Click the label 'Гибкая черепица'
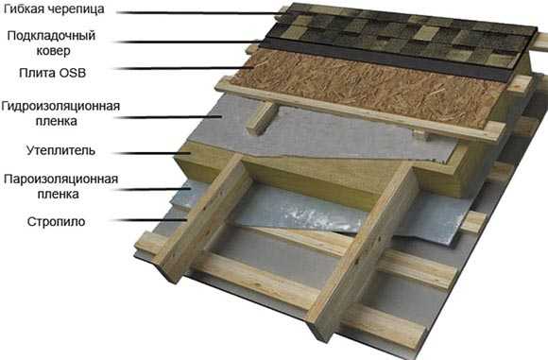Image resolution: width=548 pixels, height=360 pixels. pos(54,9)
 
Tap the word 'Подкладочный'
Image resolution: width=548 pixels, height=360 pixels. pos(51,36)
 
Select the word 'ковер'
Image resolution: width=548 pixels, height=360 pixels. pos(53,51)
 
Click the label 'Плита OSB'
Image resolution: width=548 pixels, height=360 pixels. pos(52,73)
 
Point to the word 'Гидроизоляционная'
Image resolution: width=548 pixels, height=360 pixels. pos(60,106)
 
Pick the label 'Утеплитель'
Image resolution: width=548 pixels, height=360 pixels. pos(60,150)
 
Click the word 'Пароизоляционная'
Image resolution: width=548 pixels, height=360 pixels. pos(60,179)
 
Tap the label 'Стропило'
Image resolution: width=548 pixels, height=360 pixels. pos(56,222)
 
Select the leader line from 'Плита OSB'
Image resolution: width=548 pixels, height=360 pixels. pos(185,68)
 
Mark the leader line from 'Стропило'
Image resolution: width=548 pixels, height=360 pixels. pos(149,220)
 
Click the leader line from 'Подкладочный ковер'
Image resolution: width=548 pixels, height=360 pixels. pos(188,42)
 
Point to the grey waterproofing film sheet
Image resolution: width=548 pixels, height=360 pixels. pos(315,134)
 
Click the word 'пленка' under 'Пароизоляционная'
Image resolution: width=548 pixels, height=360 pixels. pos(58,194)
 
